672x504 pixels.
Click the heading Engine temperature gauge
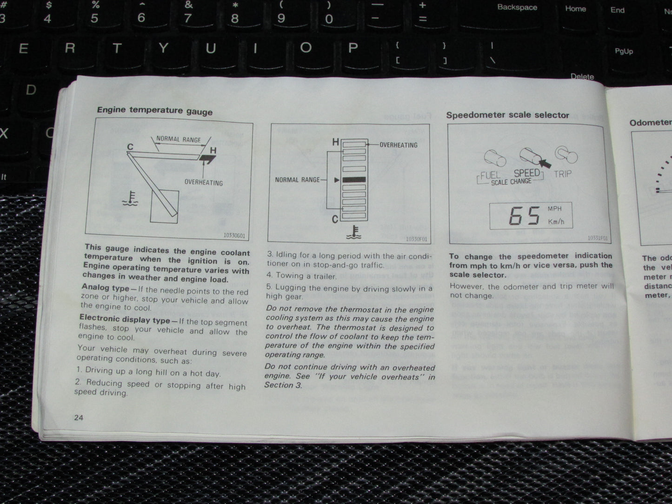pos(154,111)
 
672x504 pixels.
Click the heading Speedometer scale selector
pos(507,115)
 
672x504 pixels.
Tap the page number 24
pos(79,417)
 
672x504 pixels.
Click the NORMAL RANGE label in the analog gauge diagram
pos(178,139)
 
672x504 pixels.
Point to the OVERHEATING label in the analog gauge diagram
pos(203,182)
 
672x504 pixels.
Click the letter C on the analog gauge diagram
pos(130,147)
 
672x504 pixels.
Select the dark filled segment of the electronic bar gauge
pos(354,179)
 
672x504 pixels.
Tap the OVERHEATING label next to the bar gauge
pos(398,145)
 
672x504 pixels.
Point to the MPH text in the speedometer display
pos(555,209)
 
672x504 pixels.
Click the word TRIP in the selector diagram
pos(563,174)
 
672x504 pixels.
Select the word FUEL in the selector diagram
pos(490,175)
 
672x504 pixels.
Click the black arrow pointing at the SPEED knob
pos(545,163)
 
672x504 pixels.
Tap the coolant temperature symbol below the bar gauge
pos(353,232)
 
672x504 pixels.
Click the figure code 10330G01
pos(234,235)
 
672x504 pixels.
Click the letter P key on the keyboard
pos(353,48)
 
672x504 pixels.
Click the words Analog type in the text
pos(105,288)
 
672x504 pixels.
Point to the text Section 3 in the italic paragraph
pos(283,385)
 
